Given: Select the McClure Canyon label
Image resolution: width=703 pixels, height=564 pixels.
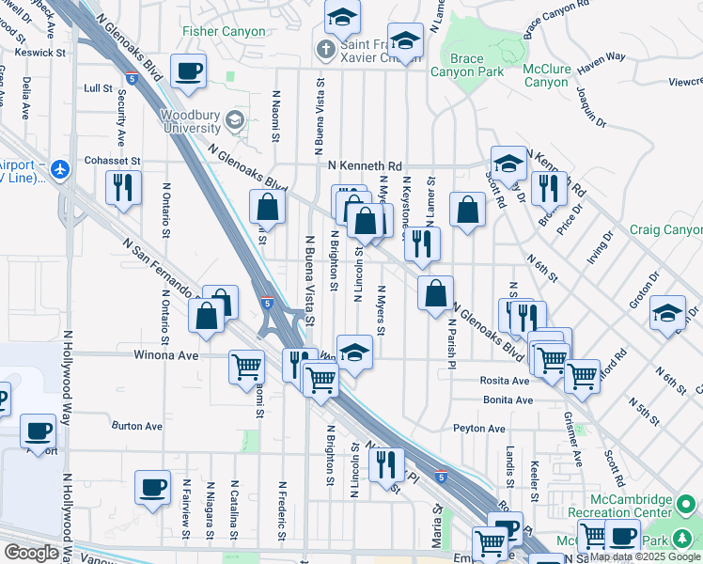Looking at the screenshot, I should [546, 75].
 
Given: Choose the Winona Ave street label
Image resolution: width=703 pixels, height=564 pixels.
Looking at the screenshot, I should [169, 356].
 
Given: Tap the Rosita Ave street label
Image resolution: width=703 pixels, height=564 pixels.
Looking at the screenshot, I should [506, 381].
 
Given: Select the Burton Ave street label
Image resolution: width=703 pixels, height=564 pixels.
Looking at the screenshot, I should [137, 426].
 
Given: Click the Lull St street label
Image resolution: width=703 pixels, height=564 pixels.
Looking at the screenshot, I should [98, 88].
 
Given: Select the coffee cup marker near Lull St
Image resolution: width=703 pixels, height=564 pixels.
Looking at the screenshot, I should [188, 71].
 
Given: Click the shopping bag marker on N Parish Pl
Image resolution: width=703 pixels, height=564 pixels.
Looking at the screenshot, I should [435, 293].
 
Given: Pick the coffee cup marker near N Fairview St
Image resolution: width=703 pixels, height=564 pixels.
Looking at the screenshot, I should [152, 488].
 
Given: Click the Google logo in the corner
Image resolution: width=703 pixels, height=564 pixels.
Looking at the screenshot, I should [32, 553].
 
